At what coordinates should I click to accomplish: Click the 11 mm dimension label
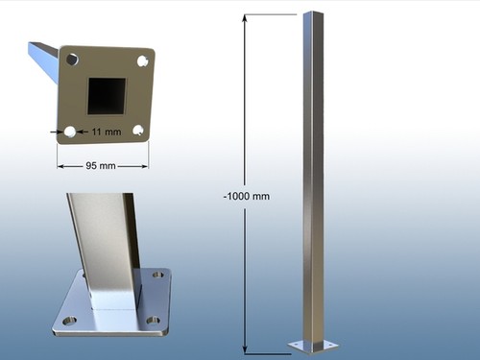pyautogui.click(x=107, y=132)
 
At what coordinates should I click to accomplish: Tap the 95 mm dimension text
pyautogui.click(x=101, y=166)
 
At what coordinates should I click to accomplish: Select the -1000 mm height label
pyautogui.click(x=247, y=196)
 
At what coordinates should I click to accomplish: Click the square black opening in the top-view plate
pyautogui.click(x=107, y=96)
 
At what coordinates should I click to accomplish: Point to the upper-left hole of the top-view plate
pyautogui.click(x=72, y=60)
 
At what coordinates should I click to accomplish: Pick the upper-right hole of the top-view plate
pyautogui.click(x=142, y=60)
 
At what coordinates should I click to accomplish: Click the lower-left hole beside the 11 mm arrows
pyautogui.click(x=70, y=132)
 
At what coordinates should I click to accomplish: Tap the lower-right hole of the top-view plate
pyautogui.click(x=138, y=131)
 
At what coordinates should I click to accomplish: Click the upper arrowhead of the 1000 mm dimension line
pyautogui.click(x=245, y=18)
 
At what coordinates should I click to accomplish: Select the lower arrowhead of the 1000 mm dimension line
pyautogui.click(x=245, y=349)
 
